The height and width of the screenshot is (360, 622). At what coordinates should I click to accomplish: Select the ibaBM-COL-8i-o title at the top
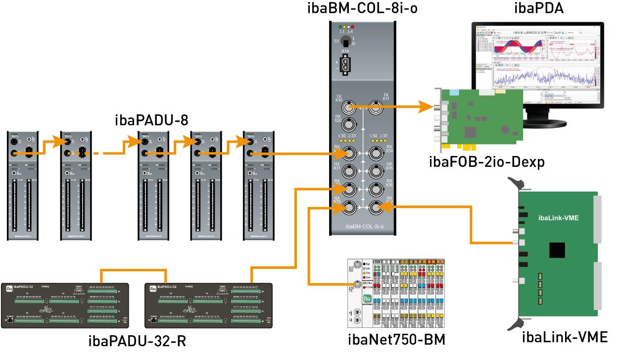point(362,8)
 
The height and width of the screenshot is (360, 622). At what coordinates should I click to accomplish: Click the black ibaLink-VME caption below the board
point(565,338)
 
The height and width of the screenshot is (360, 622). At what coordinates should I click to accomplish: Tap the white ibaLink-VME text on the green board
point(558,217)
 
